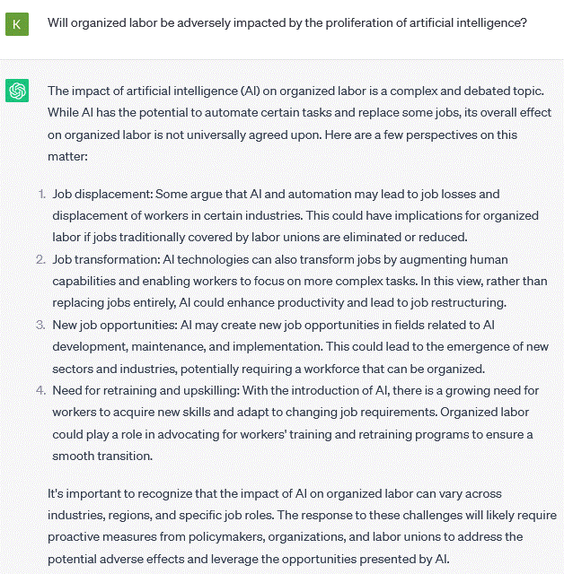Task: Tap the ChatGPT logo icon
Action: tap(17, 91)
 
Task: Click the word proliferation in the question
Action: tap(332, 22)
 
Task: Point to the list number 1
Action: tap(40, 194)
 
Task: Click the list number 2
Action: tap(40, 259)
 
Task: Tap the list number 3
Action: tap(40, 325)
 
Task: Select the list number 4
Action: tap(40, 390)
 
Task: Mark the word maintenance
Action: tap(160, 346)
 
